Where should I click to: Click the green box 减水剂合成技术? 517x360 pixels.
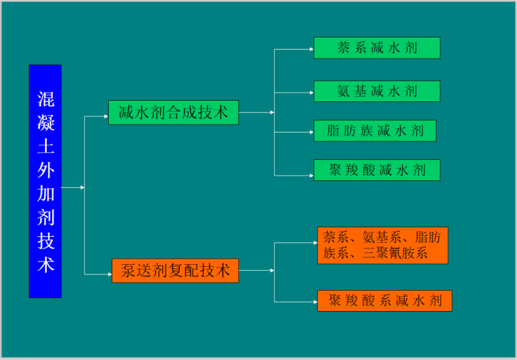point(173,113)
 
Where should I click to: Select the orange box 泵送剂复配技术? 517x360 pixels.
point(176,271)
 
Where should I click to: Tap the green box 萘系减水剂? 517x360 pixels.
point(376,48)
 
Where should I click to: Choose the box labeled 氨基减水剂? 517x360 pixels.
point(376,91)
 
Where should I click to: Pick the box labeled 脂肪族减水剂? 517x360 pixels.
point(374,131)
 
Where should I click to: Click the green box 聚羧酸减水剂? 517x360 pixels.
point(376,170)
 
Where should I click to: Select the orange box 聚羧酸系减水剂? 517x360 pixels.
point(384,301)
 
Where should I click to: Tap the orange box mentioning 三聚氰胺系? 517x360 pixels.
point(382,246)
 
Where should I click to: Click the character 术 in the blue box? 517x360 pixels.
point(46,265)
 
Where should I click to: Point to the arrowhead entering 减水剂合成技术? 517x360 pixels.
point(105,116)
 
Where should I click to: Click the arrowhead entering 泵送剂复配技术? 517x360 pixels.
point(109,274)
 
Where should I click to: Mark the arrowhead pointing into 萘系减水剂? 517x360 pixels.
point(311,49)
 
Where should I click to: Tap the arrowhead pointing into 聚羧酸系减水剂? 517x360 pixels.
point(314,301)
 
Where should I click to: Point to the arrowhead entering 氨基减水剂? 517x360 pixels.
point(311,91)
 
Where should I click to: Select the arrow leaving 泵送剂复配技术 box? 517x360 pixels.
point(256,271)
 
